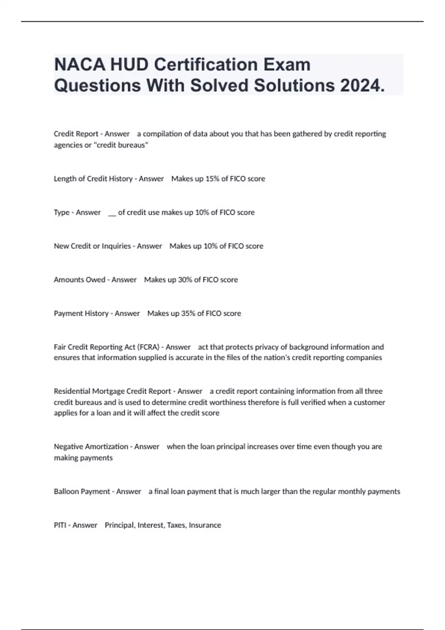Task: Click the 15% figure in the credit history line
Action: point(212,179)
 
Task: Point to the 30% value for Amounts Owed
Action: point(185,280)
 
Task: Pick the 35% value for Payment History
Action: point(188,314)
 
